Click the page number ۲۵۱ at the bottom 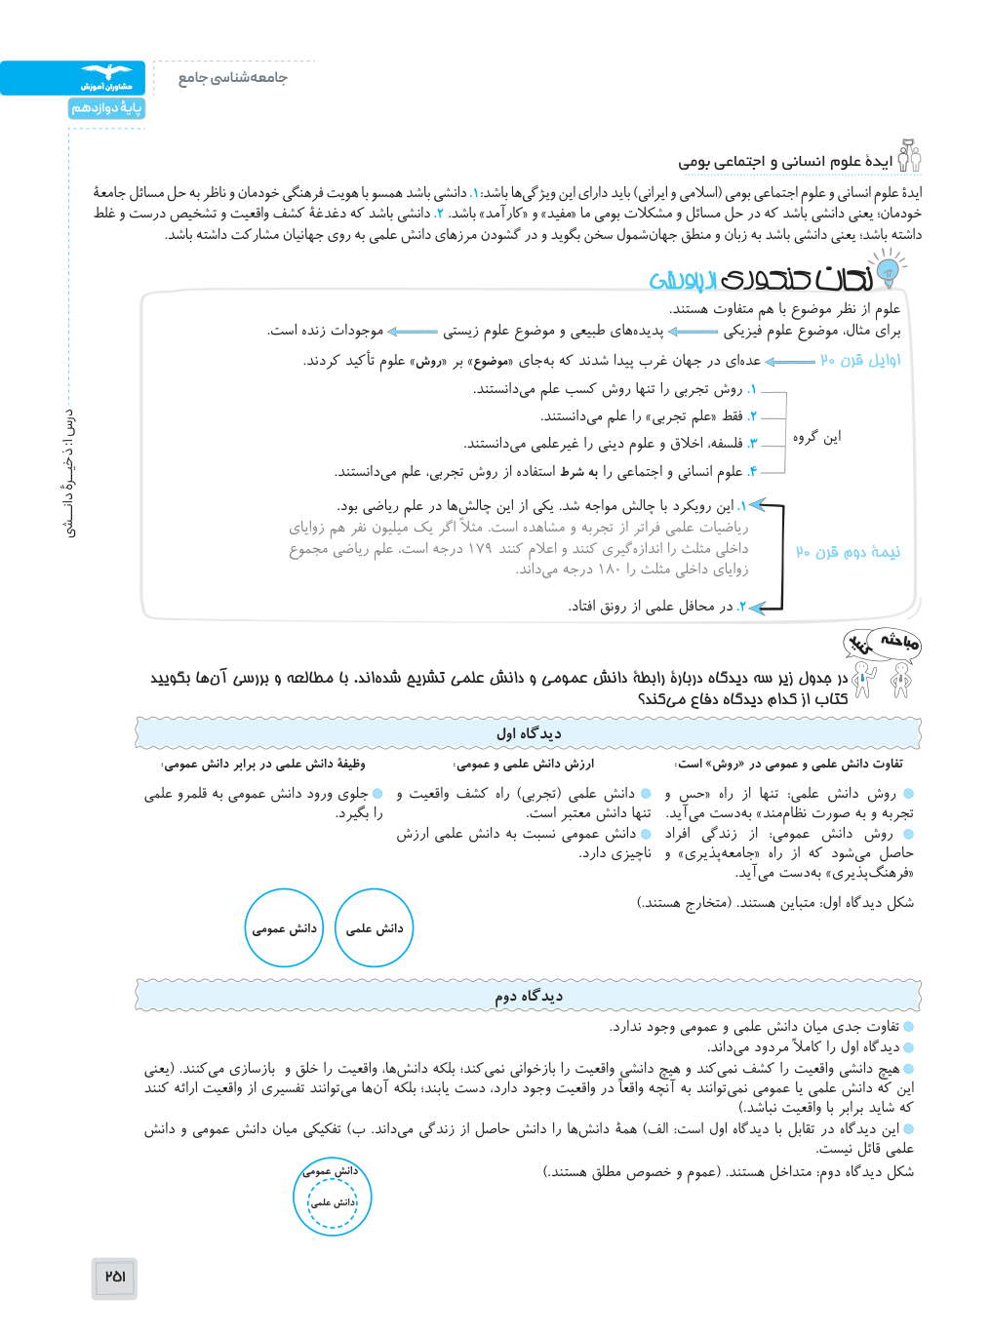(115, 1276)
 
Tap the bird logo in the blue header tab (106, 72)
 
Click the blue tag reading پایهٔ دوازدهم (106, 108)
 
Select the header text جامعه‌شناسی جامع (232, 78)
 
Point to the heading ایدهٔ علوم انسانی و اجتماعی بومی (785, 161)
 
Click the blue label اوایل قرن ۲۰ (860, 360)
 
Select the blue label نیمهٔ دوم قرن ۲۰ (848, 552)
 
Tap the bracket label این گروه (816, 437)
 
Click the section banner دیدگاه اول (529, 733)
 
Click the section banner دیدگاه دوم (529, 996)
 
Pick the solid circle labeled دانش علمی (375, 928)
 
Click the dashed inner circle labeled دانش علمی (334, 1203)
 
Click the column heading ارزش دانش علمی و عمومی (524, 764)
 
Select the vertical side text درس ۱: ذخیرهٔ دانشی (69, 473)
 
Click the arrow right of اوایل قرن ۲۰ (790, 361)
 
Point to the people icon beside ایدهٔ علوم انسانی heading (909, 156)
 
